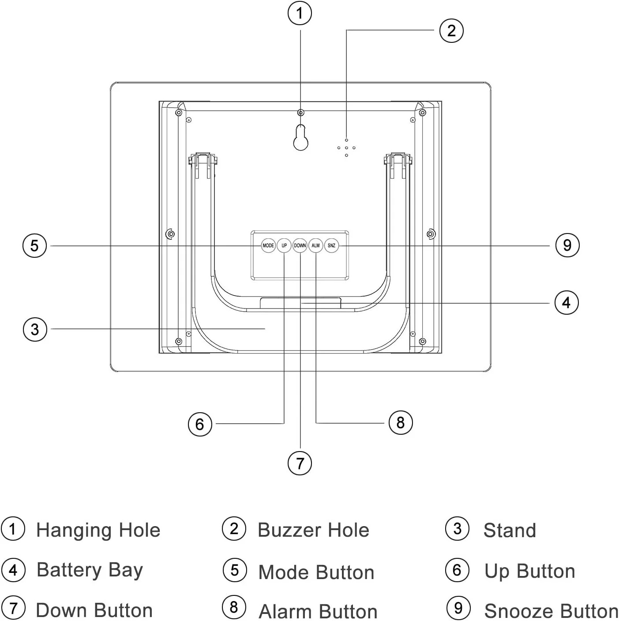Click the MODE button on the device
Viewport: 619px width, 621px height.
[268, 245]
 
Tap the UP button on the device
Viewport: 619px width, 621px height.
[284, 245]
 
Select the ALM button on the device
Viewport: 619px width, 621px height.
[315, 245]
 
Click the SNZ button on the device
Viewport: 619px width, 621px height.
[331, 245]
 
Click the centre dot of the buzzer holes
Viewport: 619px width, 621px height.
[346, 148]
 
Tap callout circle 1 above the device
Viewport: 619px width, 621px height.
[300, 14]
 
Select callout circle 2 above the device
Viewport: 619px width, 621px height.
[451, 30]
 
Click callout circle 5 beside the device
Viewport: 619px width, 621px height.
[34, 245]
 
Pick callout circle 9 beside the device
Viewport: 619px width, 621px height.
[567, 245]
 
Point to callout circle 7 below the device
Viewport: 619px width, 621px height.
[300, 463]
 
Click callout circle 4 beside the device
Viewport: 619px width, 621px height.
[566, 303]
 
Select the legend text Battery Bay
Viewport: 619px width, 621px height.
[90, 571]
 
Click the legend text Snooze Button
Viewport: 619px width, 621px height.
[551, 611]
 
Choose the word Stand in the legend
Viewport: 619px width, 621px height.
[510, 531]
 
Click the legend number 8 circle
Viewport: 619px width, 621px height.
[234, 607]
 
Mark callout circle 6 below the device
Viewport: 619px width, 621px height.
[200, 424]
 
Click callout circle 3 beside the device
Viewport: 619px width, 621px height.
[35, 329]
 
